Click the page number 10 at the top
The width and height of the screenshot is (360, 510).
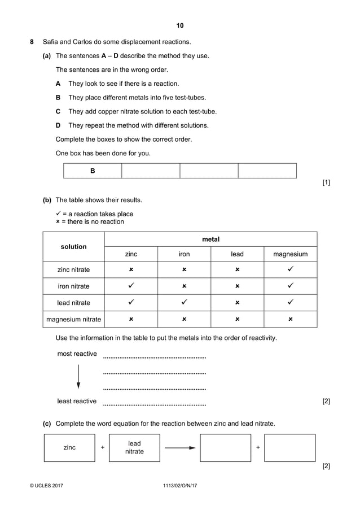coord(180,25)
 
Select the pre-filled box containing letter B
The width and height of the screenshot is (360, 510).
coord(93,171)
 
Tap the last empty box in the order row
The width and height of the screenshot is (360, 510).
coord(267,171)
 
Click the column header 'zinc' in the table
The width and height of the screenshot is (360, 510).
coord(131,254)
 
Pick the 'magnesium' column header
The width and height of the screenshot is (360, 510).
coord(290,254)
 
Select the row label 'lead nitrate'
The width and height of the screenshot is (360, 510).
coord(74,303)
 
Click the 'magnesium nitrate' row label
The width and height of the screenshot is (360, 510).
coord(74,319)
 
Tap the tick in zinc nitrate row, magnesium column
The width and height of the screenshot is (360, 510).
coord(290,270)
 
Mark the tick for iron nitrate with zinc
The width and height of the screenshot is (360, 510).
coord(131,286)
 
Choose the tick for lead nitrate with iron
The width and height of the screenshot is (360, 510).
coord(184,303)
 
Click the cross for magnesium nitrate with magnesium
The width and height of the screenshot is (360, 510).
coord(290,319)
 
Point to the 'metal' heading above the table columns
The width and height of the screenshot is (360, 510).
coord(210,239)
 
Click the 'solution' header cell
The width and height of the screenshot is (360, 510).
coord(74,247)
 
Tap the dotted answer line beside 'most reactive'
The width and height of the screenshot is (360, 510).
coord(154,356)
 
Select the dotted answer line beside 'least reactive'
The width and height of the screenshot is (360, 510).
coord(154,404)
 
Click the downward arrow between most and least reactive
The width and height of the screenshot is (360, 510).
coord(78,377)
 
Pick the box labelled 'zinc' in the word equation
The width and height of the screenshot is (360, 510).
coord(69,447)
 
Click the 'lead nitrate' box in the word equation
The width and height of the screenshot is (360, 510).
coord(134,447)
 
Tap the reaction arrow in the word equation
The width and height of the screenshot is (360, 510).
coord(180,447)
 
